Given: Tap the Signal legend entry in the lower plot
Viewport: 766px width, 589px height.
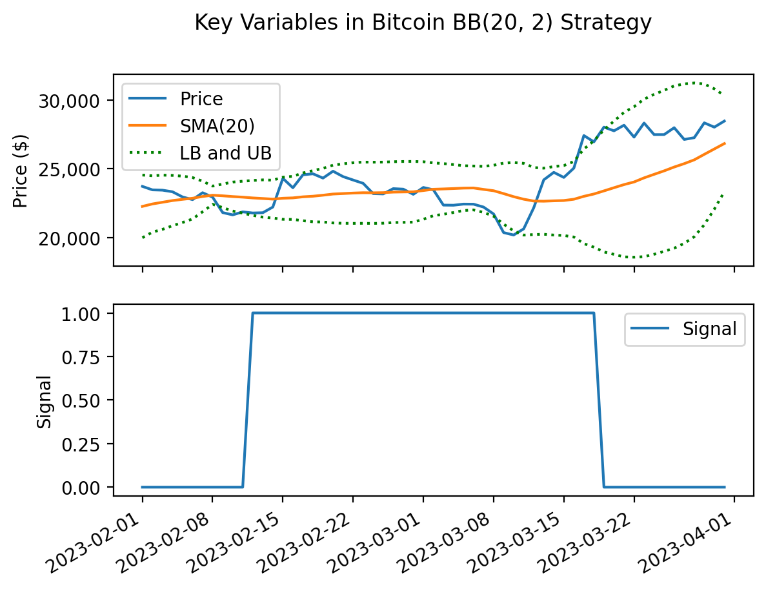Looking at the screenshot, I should [709, 329].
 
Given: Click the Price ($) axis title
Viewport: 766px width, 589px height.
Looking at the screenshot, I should [22, 170].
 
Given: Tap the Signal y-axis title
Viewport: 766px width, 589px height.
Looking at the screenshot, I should [44, 400].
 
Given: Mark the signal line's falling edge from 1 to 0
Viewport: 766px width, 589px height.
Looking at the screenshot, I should [599, 400].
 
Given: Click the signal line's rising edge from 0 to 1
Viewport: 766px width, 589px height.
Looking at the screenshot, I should [248, 400].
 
